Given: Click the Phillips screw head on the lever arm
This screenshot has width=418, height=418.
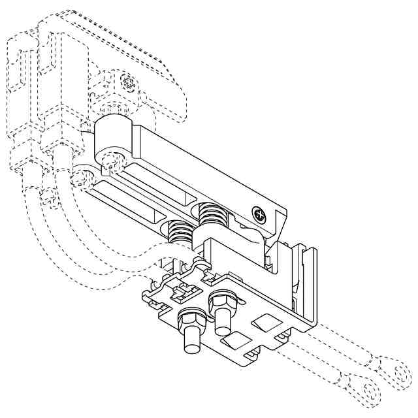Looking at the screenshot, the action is [x=260, y=214].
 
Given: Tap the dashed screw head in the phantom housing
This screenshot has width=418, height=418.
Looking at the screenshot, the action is [x=129, y=83].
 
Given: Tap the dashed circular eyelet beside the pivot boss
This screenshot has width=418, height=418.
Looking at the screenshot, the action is [x=83, y=176].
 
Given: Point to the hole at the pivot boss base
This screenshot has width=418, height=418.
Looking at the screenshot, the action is [x=114, y=160].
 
